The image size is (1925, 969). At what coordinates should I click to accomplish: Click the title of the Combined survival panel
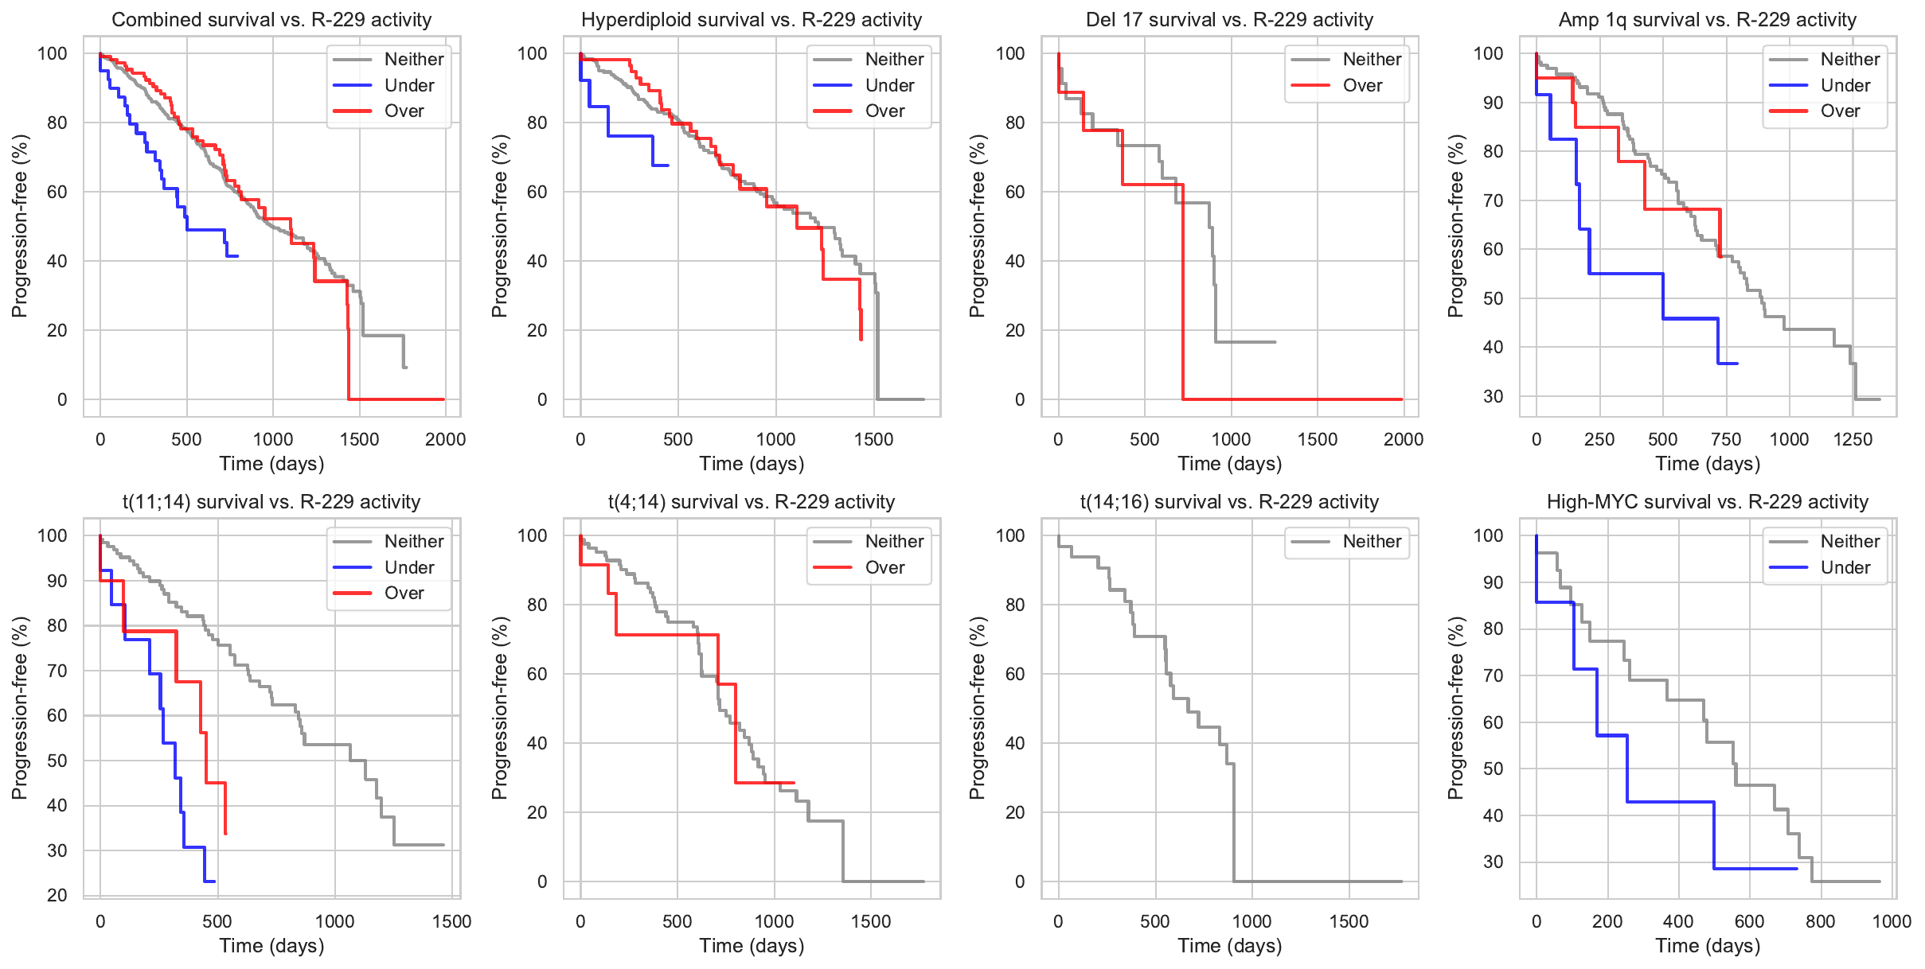tap(271, 20)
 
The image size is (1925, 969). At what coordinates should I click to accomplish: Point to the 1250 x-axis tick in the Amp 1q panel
tap(1853, 439)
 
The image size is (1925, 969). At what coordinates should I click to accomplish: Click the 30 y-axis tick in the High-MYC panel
tap(1493, 862)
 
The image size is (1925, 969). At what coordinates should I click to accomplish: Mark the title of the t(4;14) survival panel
tap(752, 502)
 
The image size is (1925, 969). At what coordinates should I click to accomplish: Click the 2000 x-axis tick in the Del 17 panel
tap(1403, 439)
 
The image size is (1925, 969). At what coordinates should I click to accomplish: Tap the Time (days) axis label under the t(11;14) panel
tap(271, 946)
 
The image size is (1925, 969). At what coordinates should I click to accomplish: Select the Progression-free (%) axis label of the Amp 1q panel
tap(1455, 226)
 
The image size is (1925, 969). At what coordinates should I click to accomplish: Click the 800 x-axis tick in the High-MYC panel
tap(1820, 921)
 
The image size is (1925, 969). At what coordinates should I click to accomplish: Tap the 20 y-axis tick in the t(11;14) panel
tap(57, 895)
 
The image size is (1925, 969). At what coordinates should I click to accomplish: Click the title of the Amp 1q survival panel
tap(1707, 20)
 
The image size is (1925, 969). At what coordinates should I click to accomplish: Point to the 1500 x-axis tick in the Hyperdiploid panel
tap(873, 439)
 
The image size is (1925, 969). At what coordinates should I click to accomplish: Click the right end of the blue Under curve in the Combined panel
tap(238, 256)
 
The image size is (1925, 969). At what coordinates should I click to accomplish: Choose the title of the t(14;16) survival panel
tap(1229, 502)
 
